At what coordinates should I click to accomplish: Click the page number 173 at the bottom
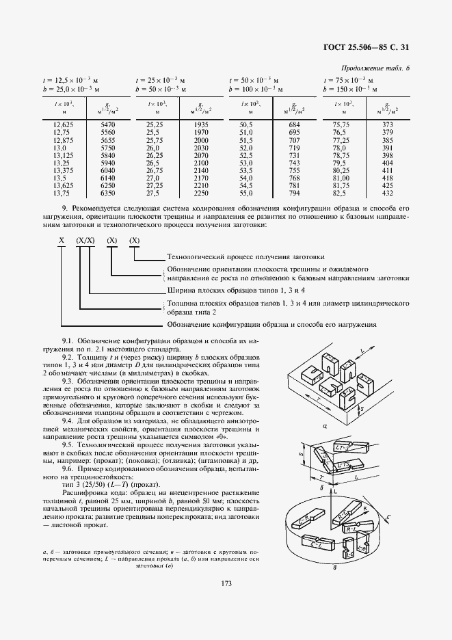coord(226,583)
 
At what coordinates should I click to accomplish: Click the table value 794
coord(295,194)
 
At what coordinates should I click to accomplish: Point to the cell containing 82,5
coord(341,194)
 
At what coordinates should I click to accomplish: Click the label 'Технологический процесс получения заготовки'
coord(245,257)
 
